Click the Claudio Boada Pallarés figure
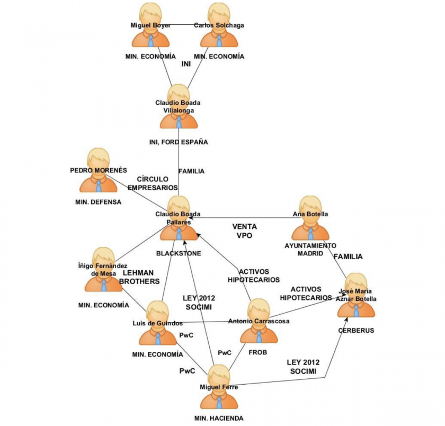click(x=179, y=219)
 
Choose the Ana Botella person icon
click(x=310, y=219)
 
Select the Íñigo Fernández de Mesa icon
click(x=103, y=270)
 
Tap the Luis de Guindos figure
click(x=157, y=323)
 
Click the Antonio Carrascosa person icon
click(x=259, y=322)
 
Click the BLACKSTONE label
click(x=179, y=253)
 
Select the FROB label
click(x=259, y=351)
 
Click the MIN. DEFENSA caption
click(x=99, y=202)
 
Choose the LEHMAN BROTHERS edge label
click(x=138, y=277)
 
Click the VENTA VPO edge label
click(x=244, y=231)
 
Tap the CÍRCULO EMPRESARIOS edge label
click(x=153, y=183)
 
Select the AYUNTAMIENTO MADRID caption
click(x=310, y=250)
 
